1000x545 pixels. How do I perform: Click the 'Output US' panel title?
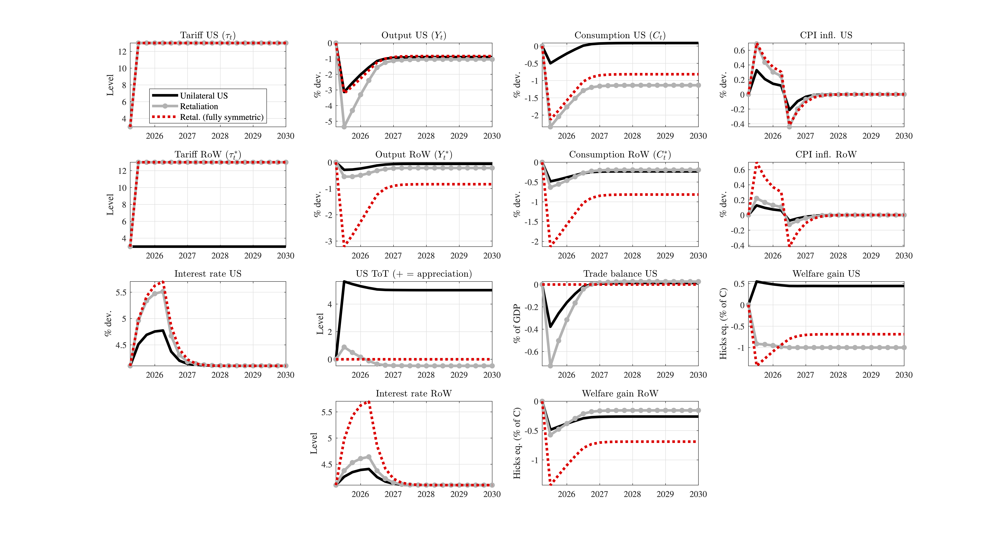click(414, 35)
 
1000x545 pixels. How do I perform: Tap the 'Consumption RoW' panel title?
click(620, 154)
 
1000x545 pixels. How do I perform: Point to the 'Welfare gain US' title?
click(826, 274)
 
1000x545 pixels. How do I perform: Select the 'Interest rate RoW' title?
click(414, 393)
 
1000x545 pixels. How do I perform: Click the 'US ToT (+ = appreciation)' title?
click(414, 274)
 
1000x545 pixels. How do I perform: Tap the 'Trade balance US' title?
click(620, 274)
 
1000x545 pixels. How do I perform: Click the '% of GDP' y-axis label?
click(516, 323)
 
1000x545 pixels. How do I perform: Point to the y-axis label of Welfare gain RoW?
click(516, 443)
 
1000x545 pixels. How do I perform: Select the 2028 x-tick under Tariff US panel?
click(220, 136)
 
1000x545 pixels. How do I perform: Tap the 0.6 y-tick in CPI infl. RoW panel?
click(739, 170)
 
